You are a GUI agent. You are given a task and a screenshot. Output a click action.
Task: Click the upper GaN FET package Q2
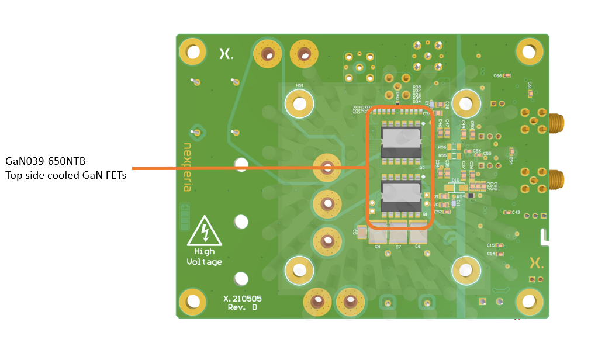point(401,143)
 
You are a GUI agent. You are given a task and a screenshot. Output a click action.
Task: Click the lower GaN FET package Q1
point(401,196)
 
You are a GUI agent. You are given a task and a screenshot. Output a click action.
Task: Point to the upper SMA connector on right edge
point(556,123)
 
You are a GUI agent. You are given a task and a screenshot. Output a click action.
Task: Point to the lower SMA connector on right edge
point(556,179)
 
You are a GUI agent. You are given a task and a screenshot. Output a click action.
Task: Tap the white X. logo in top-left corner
point(226,54)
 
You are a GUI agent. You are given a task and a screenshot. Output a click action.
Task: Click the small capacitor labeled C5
point(363,233)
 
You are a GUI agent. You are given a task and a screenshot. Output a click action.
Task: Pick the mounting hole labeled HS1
point(300,104)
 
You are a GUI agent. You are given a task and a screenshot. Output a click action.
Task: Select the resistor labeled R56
point(454,147)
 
